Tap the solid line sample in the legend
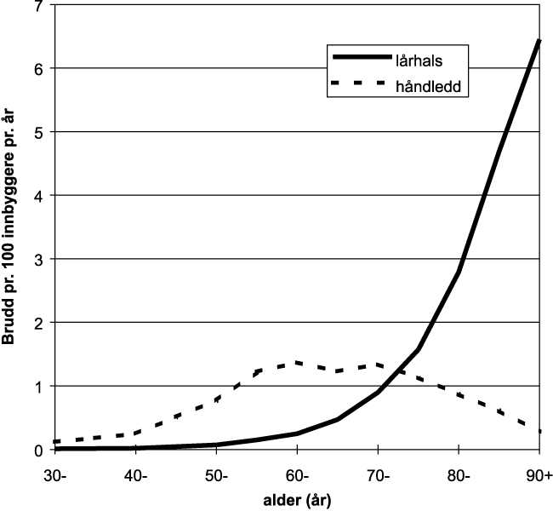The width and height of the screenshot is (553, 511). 358,60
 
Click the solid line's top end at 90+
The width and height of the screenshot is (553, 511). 539,40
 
